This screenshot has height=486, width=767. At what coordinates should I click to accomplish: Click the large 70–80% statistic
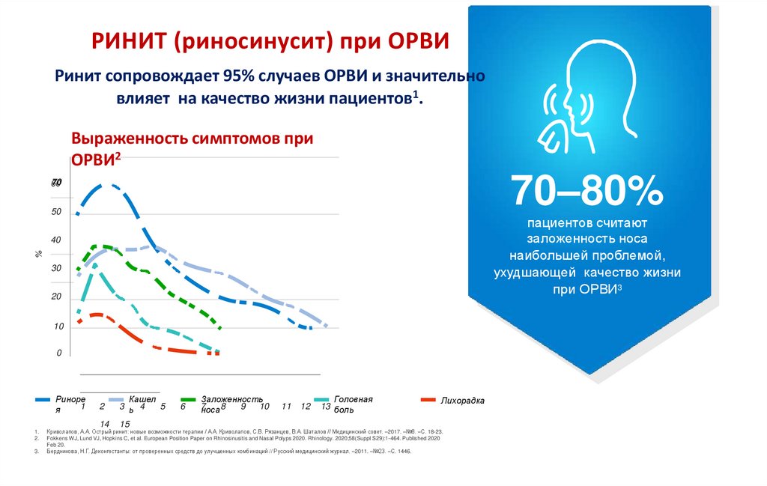pyautogui.click(x=587, y=191)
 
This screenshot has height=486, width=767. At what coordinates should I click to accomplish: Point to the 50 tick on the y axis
pyautogui.click(x=56, y=213)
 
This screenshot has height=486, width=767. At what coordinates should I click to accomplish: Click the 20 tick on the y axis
pyautogui.click(x=56, y=297)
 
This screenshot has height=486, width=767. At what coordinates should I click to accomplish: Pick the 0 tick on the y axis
pyautogui.click(x=58, y=353)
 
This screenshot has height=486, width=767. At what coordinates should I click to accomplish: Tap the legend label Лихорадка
pyautogui.click(x=463, y=401)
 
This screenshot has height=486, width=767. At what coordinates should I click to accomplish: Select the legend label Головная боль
pyautogui.click(x=353, y=404)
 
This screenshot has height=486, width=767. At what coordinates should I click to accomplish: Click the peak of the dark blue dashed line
pyautogui.click(x=109, y=185)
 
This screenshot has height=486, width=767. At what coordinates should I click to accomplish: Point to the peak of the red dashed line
pyautogui.click(x=96, y=315)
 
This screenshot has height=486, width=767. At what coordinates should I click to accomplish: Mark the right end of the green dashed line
pyautogui.click(x=219, y=328)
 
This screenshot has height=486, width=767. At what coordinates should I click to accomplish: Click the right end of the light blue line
pyautogui.click(x=326, y=325)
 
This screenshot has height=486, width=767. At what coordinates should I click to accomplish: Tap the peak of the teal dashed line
pyautogui.click(x=94, y=264)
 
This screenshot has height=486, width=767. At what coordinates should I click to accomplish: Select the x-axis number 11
pyautogui.click(x=286, y=406)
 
